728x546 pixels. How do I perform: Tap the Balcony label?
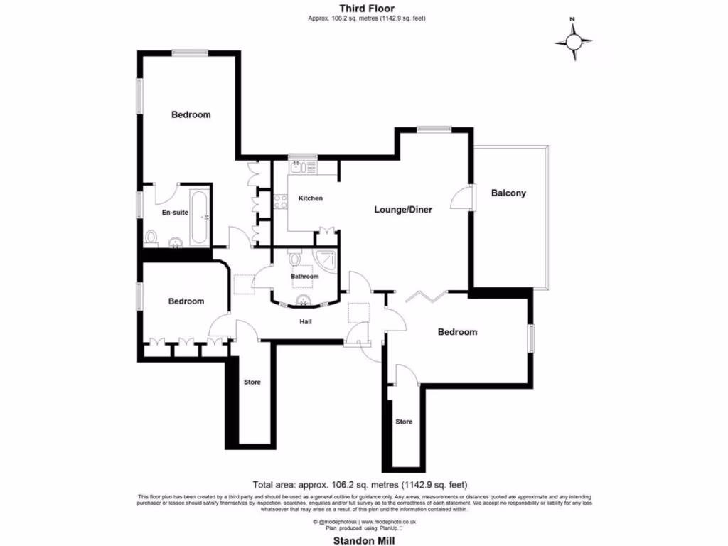tap(508, 193)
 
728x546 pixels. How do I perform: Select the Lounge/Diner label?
tap(403, 210)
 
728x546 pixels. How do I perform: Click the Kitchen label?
tap(310, 198)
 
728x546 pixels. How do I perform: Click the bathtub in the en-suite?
tap(200, 216)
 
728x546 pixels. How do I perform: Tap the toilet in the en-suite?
tap(151, 237)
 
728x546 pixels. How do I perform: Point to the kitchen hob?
tap(281, 201)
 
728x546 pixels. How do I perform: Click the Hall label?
tap(304, 321)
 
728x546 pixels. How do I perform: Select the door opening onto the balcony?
tap(460, 196)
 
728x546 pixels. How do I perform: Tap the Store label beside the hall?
tap(252, 382)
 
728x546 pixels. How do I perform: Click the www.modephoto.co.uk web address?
tap(388, 521)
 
